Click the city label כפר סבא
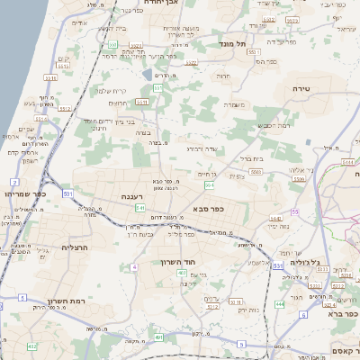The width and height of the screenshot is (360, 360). pos(207,208)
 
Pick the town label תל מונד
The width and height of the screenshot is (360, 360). pos(231,42)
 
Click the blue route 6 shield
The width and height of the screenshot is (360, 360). pos(305,316)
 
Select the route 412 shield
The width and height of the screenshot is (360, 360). pos(32,346)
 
